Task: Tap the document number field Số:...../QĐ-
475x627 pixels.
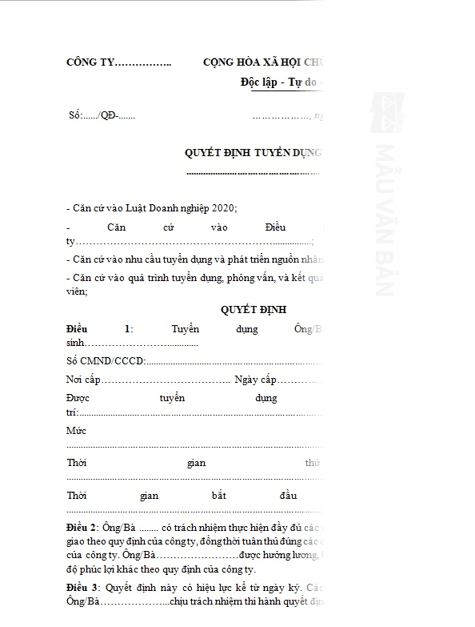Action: (102, 115)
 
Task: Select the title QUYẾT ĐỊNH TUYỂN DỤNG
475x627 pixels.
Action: (253, 152)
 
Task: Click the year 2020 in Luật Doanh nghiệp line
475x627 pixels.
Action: (224, 207)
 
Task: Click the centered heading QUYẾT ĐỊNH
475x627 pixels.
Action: (252, 310)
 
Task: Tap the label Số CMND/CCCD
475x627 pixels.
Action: (105, 360)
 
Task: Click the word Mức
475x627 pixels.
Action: (77, 431)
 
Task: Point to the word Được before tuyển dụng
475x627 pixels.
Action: (80, 398)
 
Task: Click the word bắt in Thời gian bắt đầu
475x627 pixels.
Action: (218, 495)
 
